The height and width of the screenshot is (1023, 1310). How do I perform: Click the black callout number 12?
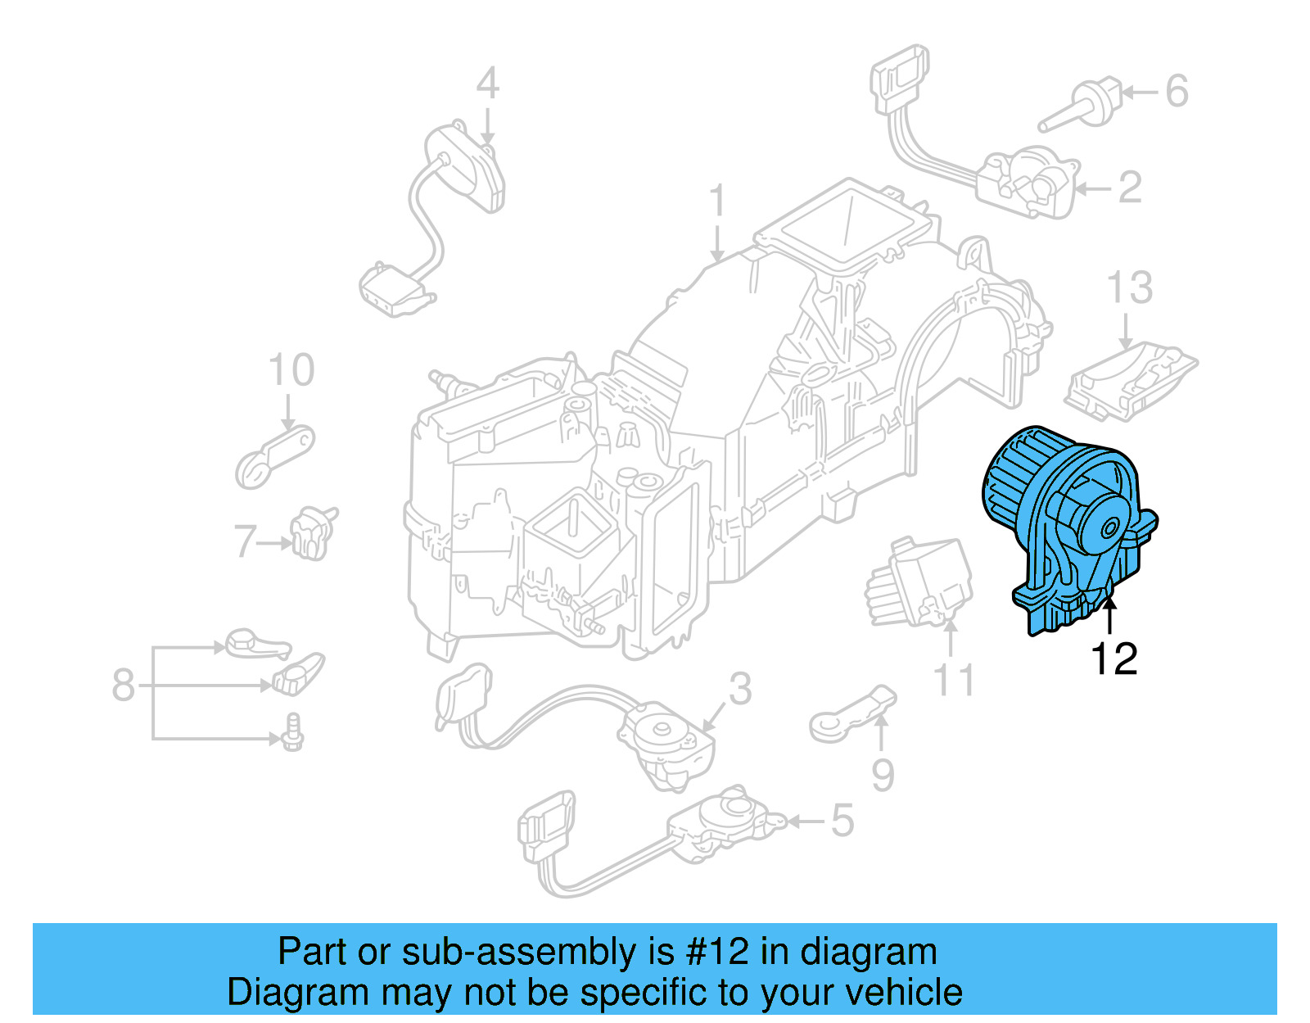[1113, 659]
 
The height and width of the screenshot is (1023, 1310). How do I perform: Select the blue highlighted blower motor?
[1064, 524]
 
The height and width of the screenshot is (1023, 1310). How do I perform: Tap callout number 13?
[1129, 288]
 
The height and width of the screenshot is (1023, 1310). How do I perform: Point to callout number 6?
[1177, 91]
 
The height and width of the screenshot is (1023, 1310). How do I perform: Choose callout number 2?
[1130, 188]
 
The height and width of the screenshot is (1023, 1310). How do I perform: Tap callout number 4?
[487, 84]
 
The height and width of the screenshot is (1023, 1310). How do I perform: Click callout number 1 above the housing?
[717, 201]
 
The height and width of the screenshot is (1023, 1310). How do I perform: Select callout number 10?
[291, 370]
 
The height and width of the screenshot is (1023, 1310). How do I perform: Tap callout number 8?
[123, 685]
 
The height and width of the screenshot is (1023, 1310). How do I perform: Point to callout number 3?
[739, 689]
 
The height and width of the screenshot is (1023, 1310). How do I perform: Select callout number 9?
[882, 775]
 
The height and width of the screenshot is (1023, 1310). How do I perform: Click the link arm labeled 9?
[851, 714]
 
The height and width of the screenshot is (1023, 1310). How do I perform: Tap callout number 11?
[954, 681]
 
